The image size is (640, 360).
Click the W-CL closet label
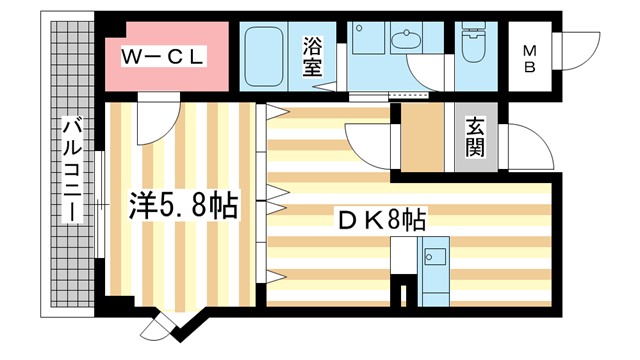coord(163,58)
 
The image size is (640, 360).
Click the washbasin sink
coord(406,42)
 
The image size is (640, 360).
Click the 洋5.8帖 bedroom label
coord(182,207)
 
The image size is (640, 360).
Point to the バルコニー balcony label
coord(71,170)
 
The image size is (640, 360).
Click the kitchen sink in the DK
coord(436,257)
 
